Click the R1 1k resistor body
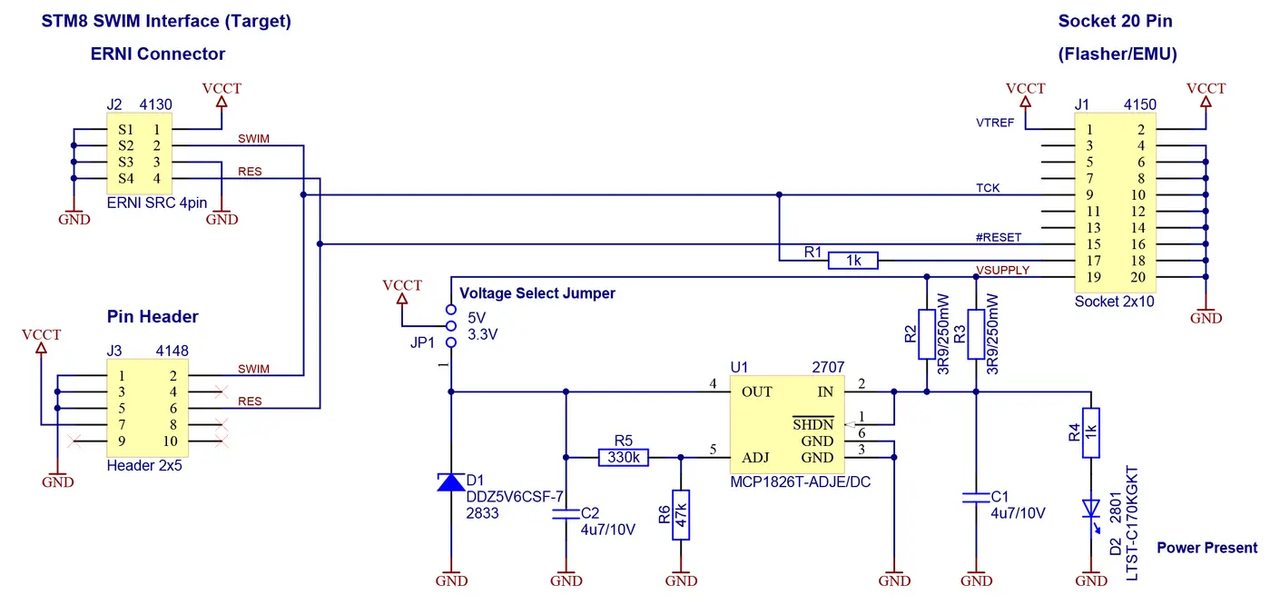coord(853,261)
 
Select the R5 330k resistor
coord(624,458)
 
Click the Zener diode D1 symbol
coord(451,481)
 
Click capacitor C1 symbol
coord(976,498)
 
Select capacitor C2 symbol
coord(566,514)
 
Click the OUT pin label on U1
coord(756,392)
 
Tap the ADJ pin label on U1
coord(755,458)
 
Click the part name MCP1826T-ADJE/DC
coord(800,482)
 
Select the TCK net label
coord(988,188)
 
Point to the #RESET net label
coord(998,237)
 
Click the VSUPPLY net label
coord(1002,270)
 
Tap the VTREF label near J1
coord(995,123)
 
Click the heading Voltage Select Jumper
coord(537,293)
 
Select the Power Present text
coord(1206,548)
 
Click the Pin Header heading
coord(153,317)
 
